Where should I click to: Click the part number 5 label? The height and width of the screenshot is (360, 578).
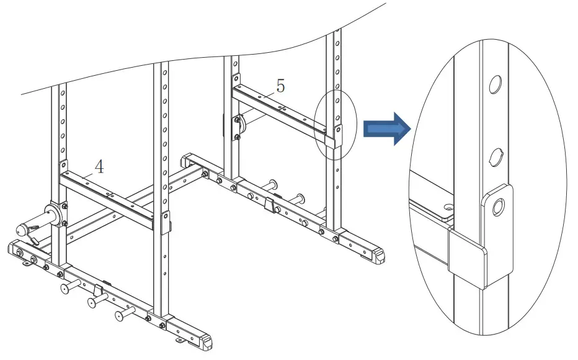[280, 86]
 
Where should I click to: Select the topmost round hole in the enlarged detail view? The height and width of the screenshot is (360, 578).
[495, 84]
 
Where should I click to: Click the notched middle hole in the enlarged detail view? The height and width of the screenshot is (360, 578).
[496, 156]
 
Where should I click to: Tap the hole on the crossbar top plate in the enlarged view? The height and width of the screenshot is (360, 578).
[448, 205]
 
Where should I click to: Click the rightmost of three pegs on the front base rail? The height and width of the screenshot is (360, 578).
[122, 315]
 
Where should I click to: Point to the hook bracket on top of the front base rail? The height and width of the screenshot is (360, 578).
[99, 289]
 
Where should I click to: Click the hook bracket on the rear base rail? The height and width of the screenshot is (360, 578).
[269, 204]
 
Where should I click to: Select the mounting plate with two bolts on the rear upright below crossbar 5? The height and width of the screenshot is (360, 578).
[236, 128]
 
